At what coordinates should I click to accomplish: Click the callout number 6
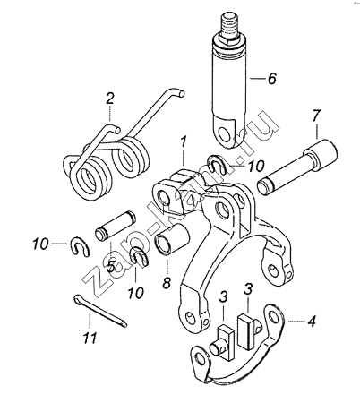tap(271, 79)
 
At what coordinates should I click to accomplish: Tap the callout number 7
tap(316, 116)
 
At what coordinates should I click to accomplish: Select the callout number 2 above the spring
tap(110, 99)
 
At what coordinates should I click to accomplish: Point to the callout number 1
tap(184, 143)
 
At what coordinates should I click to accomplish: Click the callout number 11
tap(90, 338)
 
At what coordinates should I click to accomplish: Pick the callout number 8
tap(167, 282)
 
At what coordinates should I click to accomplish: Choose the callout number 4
tap(312, 322)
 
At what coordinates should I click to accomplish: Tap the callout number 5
tap(111, 266)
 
